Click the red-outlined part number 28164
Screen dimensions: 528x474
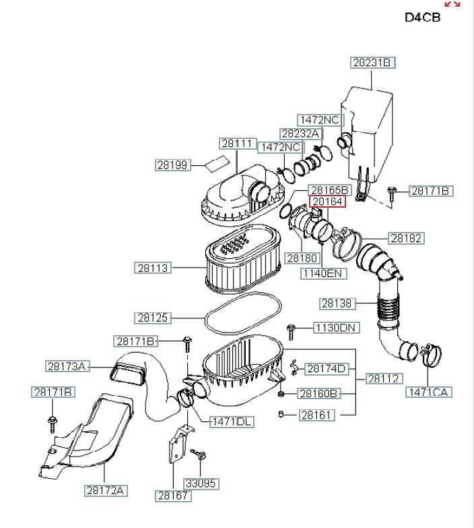[327, 202]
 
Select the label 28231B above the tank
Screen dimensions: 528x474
[372, 63]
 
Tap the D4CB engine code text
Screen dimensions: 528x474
[422, 18]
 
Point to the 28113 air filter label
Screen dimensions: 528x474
[153, 268]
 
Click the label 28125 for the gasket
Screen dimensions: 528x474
[153, 317]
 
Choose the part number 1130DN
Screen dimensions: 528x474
[336, 328]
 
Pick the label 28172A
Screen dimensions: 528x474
[106, 490]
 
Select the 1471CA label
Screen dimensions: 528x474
[428, 392]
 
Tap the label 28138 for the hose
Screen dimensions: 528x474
[337, 303]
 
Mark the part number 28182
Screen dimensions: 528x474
[406, 238]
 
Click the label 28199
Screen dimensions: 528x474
[173, 165]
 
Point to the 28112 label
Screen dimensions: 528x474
[383, 379]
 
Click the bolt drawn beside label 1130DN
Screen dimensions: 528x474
[291, 330]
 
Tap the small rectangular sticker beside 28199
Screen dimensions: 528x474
[216, 162]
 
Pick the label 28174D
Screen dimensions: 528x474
[327, 368]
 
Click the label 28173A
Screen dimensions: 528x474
[67, 366]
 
